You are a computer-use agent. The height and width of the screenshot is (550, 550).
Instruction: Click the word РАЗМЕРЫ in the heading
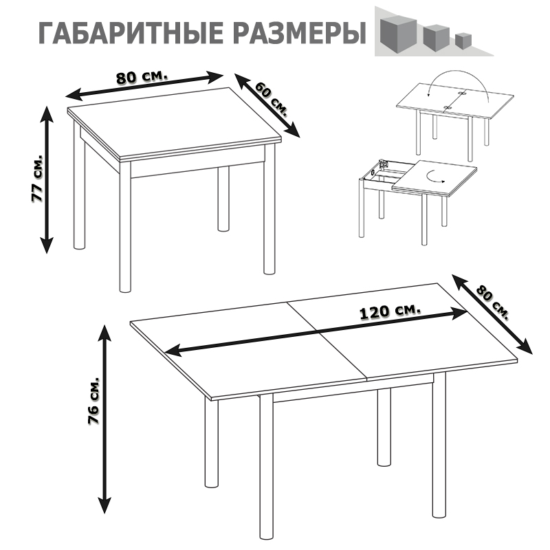[x=295, y=33]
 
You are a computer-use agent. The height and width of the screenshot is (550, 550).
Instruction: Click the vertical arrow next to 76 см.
[x=105, y=419]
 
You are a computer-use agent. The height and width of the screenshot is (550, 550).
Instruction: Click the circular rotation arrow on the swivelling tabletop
[x=435, y=176]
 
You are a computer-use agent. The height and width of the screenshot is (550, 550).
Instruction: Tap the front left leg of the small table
[x=125, y=227]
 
